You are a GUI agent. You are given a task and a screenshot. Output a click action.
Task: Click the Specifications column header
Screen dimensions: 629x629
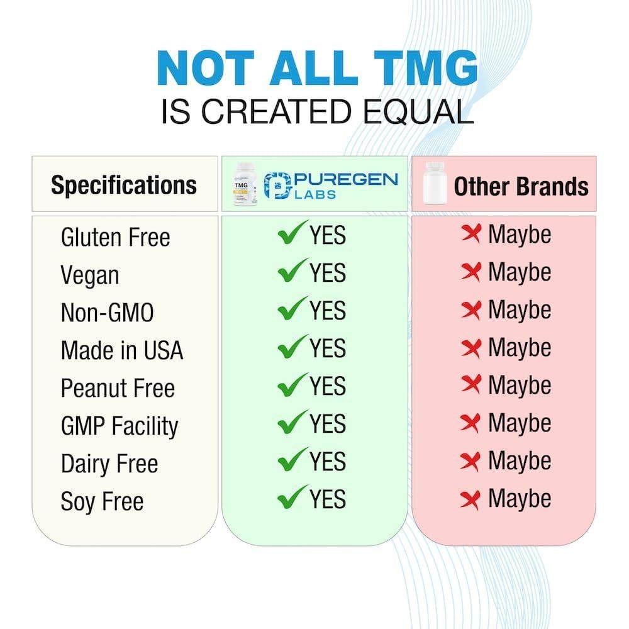click(x=124, y=185)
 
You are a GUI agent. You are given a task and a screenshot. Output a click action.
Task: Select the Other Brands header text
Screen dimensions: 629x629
click(x=521, y=186)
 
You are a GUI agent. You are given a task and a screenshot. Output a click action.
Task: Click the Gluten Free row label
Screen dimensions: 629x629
click(x=115, y=237)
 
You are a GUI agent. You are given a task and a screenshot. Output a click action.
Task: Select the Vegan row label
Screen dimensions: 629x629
click(x=89, y=276)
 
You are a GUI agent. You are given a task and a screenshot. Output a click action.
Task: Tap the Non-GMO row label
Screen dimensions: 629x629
click(x=107, y=313)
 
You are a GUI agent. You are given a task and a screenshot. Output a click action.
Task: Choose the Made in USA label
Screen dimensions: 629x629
click(x=121, y=350)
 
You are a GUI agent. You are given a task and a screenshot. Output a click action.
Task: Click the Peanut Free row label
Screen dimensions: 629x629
click(x=117, y=388)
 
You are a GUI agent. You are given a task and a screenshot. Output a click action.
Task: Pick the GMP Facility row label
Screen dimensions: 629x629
click(x=120, y=426)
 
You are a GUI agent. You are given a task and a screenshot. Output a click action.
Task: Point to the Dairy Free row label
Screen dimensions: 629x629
click(x=109, y=464)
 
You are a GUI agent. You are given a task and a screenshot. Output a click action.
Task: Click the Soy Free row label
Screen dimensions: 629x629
click(x=102, y=501)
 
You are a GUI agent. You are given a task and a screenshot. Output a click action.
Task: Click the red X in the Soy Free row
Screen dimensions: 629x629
click(x=470, y=499)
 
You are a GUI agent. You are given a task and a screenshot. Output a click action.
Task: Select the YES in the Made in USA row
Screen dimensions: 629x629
click(x=327, y=348)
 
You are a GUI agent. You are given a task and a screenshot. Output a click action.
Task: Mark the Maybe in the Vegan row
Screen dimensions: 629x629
click(x=520, y=272)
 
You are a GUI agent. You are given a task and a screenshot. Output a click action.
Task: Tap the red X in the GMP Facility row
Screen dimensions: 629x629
click(x=470, y=423)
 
